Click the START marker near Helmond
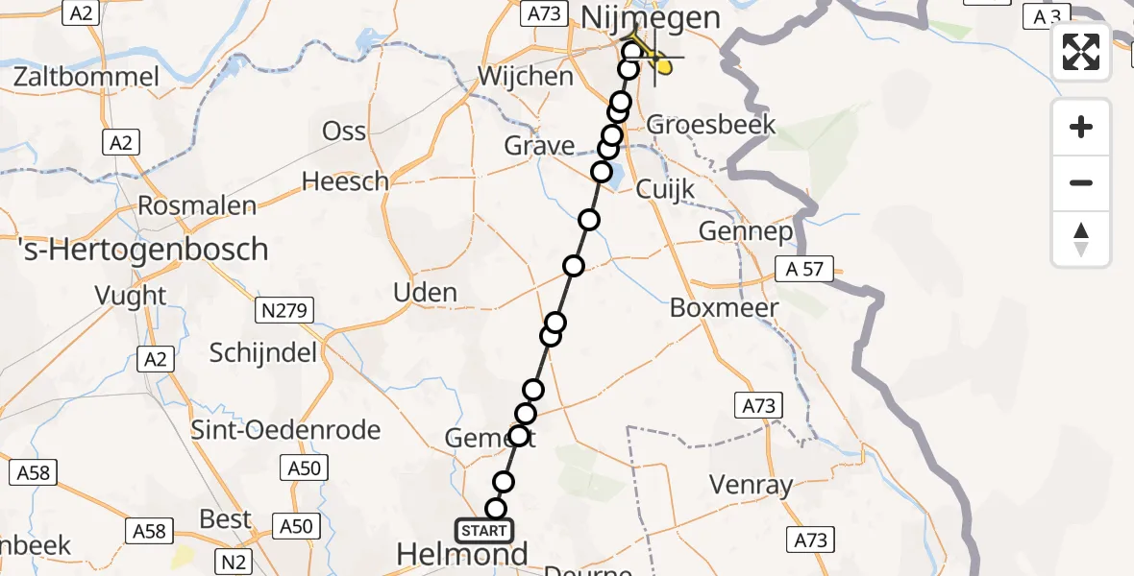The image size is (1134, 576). click(483, 531)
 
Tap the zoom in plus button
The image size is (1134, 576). click(1081, 128)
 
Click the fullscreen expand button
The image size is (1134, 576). click(1081, 52)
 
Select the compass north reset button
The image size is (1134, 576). click(1081, 239)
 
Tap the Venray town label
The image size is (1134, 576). click(752, 485)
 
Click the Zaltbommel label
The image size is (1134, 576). click(86, 77)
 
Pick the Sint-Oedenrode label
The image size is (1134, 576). click(286, 430)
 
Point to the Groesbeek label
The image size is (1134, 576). click(711, 125)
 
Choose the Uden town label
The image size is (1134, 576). click(426, 293)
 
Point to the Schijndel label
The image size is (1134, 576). click(263, 353)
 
